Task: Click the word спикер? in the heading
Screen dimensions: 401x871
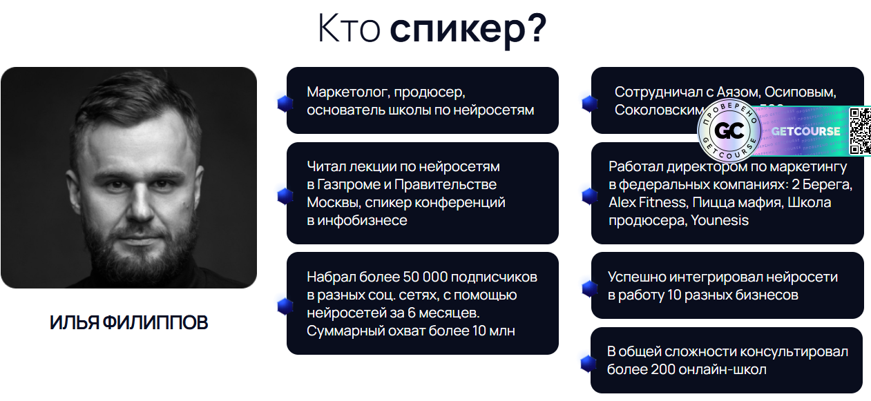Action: (x=468, y=29)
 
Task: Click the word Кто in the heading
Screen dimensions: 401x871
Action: (x=350, y=29)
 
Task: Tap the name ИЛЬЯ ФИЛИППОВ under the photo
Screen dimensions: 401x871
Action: (x=128, y=322)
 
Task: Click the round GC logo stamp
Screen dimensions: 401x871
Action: (x=729, y=131)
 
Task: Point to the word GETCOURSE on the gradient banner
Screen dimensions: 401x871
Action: (x=805, y=131)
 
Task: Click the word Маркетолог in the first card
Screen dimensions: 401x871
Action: (x=345, y=92)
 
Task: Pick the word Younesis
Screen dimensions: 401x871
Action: (x=720, y=221)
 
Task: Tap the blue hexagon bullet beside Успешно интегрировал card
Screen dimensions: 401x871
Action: (x=589, y=288)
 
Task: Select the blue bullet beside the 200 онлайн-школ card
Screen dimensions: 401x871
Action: (x=588, y=363)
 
